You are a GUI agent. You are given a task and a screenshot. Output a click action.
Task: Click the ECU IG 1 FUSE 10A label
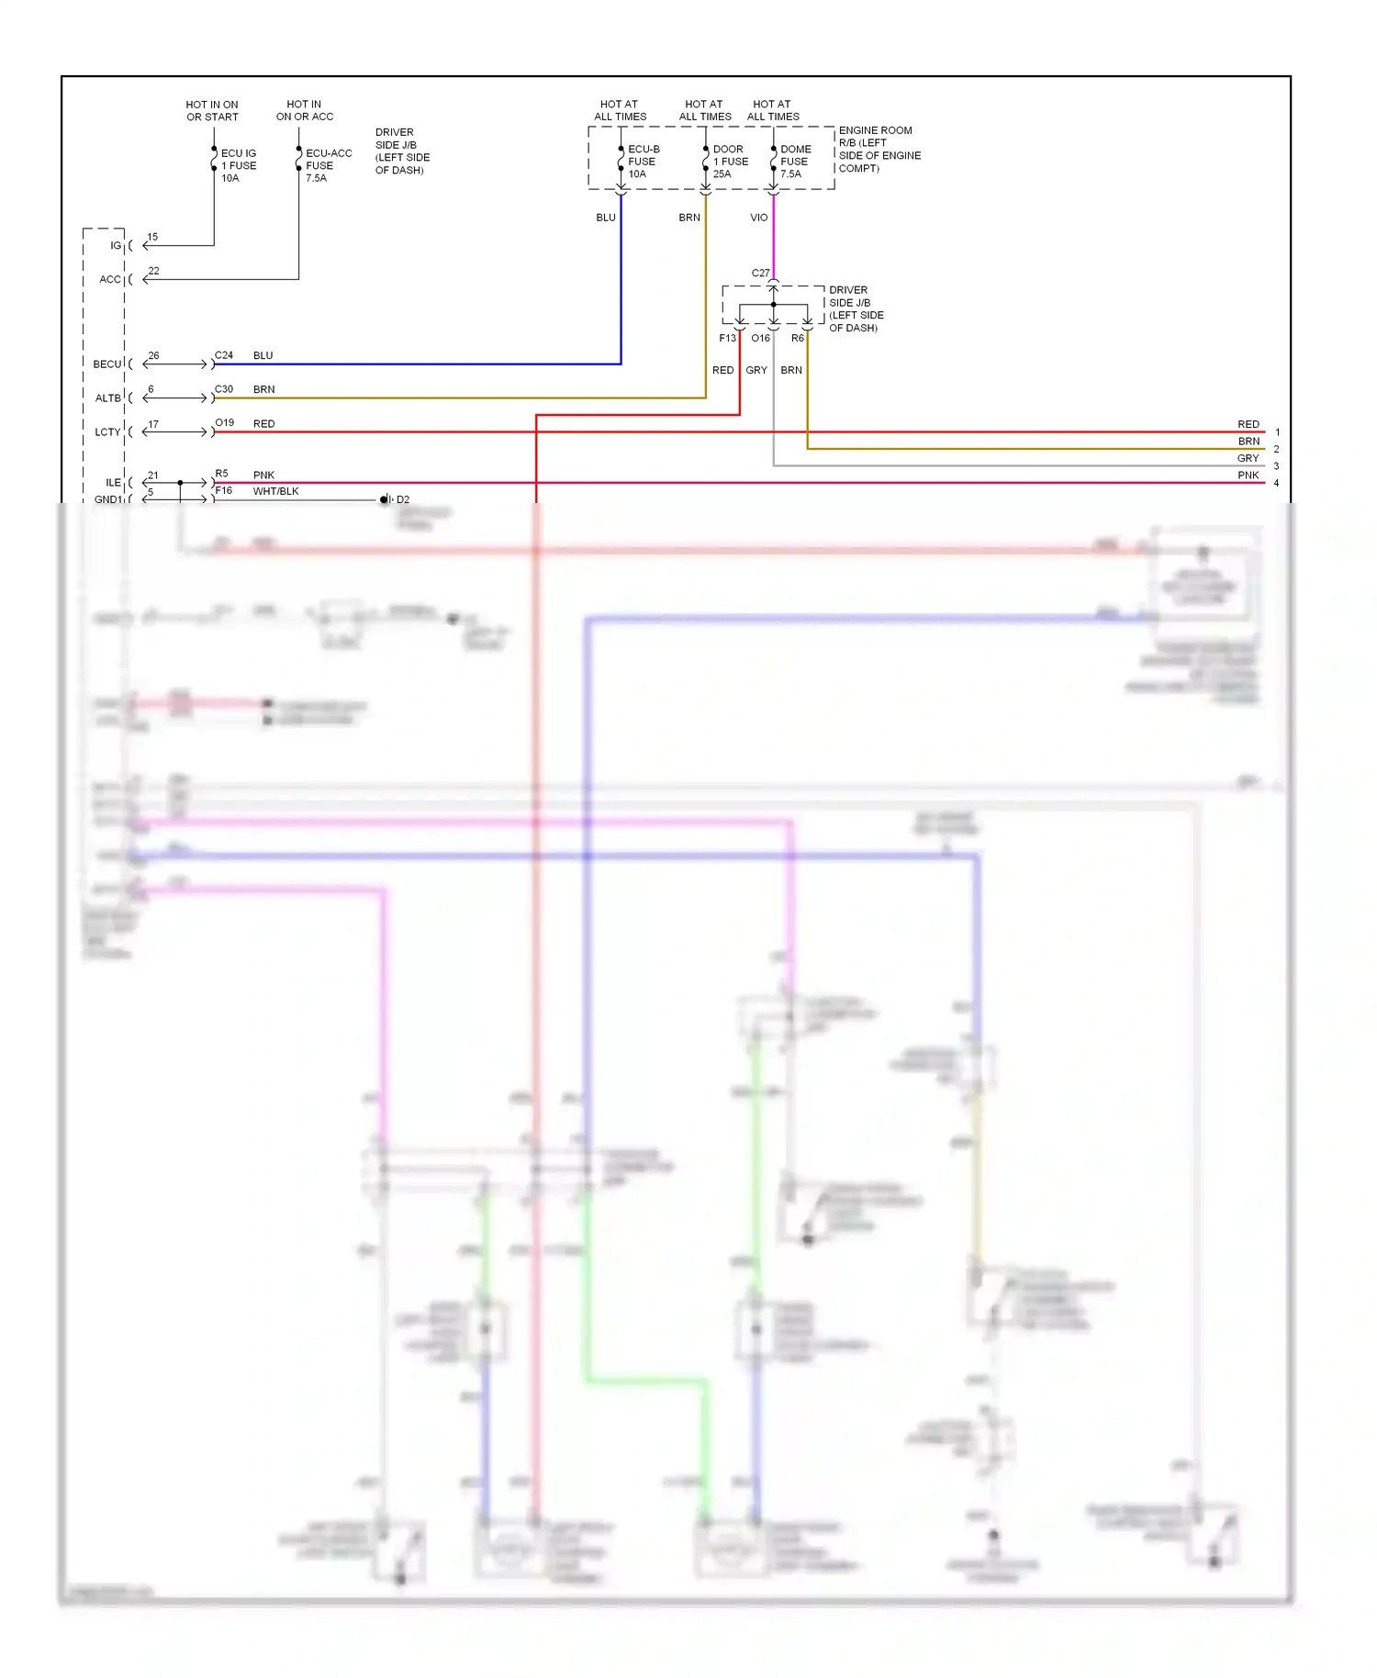point(238,166)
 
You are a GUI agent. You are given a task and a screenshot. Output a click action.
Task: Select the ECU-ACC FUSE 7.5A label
point(328,166)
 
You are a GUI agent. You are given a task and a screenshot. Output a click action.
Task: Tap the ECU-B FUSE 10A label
point(643,162)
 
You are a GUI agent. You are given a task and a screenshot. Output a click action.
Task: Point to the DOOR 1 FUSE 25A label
point(730,162)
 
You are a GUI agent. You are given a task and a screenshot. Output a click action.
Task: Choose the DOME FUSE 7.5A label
point(795,162)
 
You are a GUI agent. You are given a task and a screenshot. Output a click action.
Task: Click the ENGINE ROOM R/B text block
point(879,150)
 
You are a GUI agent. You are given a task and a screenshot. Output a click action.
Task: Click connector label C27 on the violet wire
point(760,274)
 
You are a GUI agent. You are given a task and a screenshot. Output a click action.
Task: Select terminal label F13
point(727,339)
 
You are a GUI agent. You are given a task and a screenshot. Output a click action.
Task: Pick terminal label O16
point(760,339)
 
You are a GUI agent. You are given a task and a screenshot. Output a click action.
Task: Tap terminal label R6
point(797,339)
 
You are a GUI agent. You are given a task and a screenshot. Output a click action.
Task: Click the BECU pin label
point(106,364)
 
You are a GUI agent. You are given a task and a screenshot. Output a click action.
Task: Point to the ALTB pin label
point(107,398)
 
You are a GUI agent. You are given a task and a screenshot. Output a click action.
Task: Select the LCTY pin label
point(107,432)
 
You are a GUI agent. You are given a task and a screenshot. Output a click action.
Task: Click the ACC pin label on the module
point(109,280)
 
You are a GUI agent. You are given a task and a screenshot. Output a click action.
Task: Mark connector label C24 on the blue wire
point(224,355)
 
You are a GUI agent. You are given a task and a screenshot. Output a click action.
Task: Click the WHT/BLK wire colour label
point(275,492)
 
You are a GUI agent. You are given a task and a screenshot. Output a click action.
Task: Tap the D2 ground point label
point(403,500)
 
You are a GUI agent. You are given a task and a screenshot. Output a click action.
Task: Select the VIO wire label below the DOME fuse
point(758,218)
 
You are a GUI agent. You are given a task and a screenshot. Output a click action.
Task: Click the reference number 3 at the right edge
point(1276,466)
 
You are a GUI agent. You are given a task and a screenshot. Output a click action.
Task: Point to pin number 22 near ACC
point(153,271)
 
